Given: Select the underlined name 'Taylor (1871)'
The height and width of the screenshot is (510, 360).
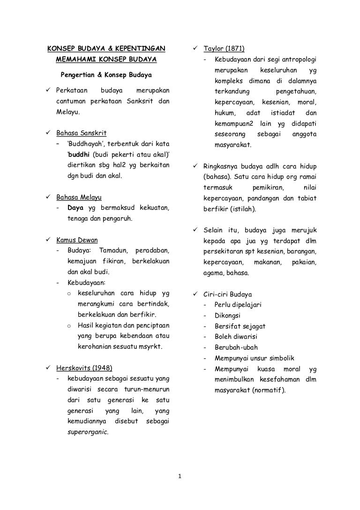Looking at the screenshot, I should pyautogui.click(x=224, y=49).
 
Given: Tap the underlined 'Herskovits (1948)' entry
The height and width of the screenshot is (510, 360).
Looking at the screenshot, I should pyautogui.click(x=84, y=367).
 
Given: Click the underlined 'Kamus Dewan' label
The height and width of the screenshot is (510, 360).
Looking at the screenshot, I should pyautogui.click(x=77, y=240).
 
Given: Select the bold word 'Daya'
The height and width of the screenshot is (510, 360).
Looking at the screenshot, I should pyautogui.click(x=75, y=207).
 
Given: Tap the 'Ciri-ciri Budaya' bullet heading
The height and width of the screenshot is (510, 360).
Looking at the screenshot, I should pyautogui.click(x=227, y=295).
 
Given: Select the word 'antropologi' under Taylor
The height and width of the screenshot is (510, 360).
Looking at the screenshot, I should pyautogui.click(x=299, y=60).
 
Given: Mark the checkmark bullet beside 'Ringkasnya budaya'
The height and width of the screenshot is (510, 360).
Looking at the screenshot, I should pyautogui.click(x=195, y=167).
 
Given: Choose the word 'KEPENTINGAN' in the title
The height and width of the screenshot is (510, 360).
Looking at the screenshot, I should pyautogui.click(x=142, y=49).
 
